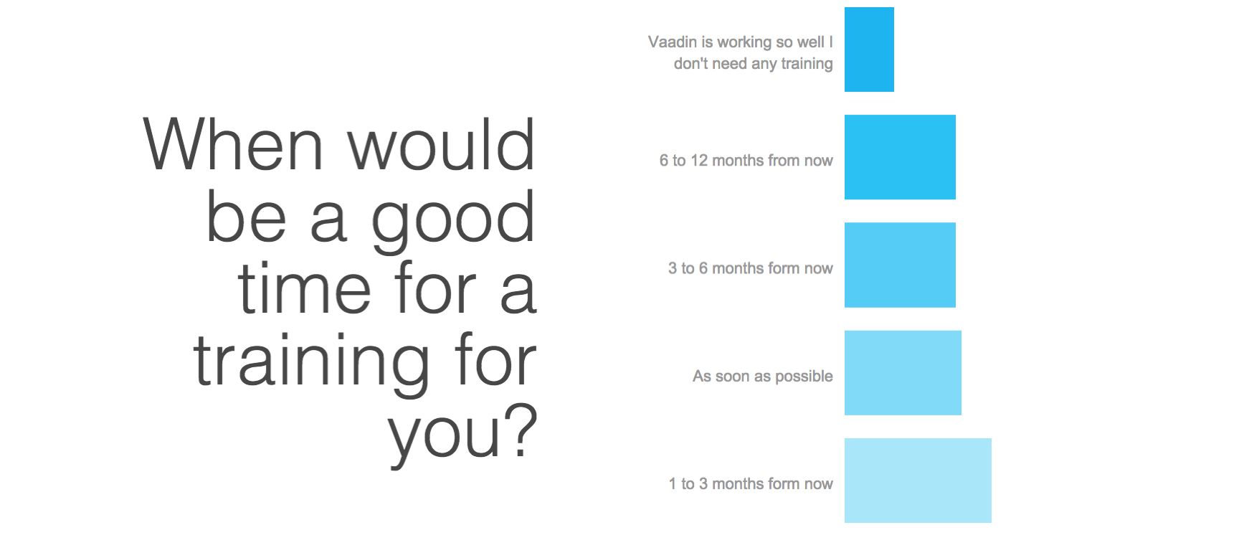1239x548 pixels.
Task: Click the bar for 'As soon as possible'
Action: tap(903, 373)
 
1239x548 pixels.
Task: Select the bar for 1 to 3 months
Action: tap(918, 481)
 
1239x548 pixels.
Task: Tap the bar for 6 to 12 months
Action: tap(900, 157)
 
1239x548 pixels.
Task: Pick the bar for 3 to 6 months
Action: tap(900, 265)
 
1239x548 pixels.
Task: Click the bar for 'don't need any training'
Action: tap(869, 49)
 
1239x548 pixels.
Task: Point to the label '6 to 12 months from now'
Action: tap(746, 161)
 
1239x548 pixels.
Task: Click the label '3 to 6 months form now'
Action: tap(751, 268)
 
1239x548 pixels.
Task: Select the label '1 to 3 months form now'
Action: tap(751, 484)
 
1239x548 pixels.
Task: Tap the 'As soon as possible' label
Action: tap(763, 377)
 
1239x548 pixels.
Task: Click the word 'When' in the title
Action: tap(234, 145)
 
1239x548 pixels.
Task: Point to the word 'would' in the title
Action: tap(442, 145)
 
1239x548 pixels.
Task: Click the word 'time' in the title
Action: tap(305, 288)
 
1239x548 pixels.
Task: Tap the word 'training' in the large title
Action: tap(312, 362)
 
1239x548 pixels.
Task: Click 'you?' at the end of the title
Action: tap(463, 435)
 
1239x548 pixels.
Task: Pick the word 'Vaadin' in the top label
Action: tap(673, 42)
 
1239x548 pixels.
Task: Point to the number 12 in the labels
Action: tap(699, 161)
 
